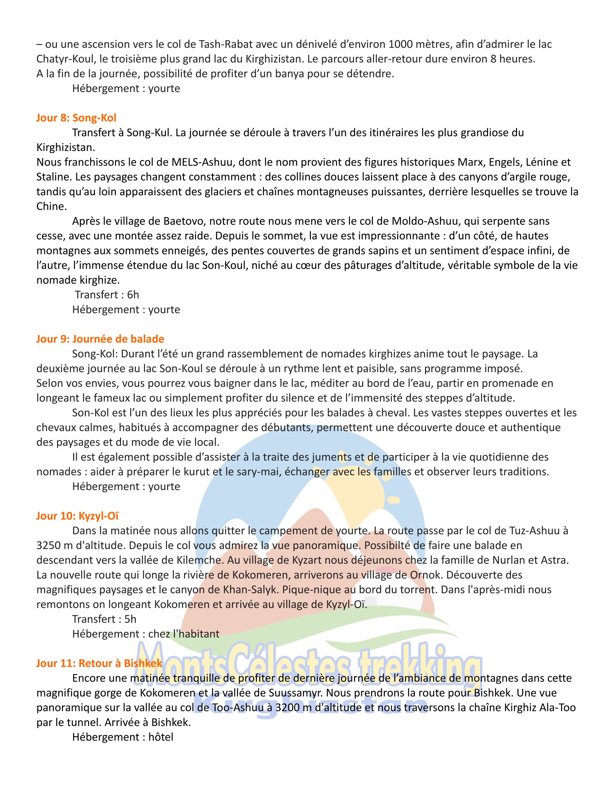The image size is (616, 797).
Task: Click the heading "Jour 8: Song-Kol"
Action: click(x=76, y=118)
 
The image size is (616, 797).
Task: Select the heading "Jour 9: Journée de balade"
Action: click(x=100, y=339)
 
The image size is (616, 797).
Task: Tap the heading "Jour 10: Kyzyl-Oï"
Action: click(x=78, y=516)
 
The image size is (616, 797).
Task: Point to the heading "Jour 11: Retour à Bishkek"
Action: click(x=99, y=663)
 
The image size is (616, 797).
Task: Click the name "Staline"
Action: click(x=54, y=177)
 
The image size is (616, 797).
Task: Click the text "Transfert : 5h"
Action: click(x=104, y=619)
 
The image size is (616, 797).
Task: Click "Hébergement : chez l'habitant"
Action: click(x=146, y=634)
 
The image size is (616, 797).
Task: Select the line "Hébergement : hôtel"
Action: click(x=122, y=737)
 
